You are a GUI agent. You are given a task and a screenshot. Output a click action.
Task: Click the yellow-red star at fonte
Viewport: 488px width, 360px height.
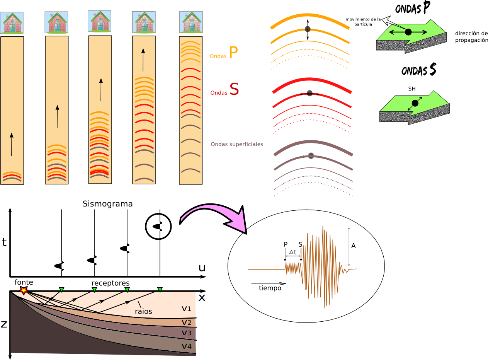click(24, 290)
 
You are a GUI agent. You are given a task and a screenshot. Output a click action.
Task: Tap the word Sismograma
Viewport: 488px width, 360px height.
click(107, 204)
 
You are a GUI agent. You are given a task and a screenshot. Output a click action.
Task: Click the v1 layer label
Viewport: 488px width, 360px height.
click(187, 309)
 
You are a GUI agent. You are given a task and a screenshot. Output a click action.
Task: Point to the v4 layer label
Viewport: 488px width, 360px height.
click(187, 346)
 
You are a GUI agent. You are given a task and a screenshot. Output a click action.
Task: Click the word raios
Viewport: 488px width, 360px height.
click(143, 311)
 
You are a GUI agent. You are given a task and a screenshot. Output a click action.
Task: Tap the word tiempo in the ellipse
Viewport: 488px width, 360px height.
click(270, 288)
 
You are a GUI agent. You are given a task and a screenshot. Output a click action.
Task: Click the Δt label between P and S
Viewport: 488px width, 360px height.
click(293, 251)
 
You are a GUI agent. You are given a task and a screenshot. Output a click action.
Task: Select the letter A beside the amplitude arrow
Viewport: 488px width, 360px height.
click(354, 245)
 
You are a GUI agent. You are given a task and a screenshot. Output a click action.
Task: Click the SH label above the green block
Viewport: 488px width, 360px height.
click(412, 89)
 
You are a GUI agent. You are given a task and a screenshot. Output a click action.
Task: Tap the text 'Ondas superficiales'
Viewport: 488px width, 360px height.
click(237, 144)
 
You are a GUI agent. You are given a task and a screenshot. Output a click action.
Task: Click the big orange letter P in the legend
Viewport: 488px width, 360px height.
click(233, 53)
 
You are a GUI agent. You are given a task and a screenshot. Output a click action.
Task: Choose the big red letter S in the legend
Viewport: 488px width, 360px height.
click(234, 89)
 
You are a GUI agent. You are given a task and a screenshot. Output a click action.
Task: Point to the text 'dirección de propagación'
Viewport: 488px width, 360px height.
click(471, 36)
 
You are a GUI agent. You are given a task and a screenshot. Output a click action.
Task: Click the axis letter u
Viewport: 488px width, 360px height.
click(202, 268)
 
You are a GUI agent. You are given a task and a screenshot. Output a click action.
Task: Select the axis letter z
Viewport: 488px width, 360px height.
click(4, 324)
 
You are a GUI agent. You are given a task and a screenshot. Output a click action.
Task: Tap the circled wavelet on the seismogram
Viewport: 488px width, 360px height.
click(158, 227)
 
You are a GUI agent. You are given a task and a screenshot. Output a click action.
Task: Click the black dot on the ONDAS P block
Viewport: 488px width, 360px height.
click(408, 32)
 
